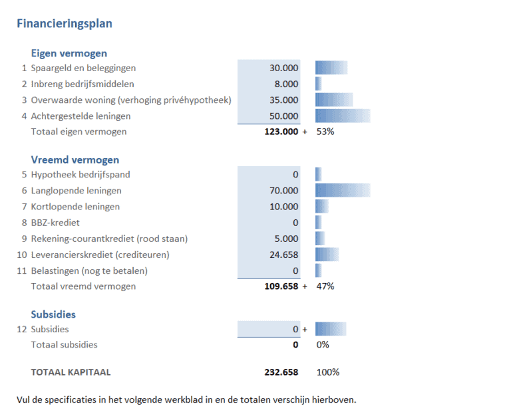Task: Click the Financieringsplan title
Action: pos(64,24)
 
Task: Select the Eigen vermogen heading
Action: pos(69,53)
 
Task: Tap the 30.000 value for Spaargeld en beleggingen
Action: pos(284,68)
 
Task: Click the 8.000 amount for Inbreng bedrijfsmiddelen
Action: pos(287,84)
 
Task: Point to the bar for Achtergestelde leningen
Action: pos(343,116)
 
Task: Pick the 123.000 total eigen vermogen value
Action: pos(281,132)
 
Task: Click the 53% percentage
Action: pos(325,132)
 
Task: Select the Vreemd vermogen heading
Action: pos(75,159)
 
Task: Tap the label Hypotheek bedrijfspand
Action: pos(81,175)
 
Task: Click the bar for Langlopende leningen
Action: pos(343,191)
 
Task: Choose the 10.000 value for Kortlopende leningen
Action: pos(284,207)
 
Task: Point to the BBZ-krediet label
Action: pos(55,223)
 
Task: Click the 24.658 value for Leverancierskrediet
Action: pos(284,255)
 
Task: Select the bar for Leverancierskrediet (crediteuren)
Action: pos(327,255)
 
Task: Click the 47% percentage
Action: pos(325,286)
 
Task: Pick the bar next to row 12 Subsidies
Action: pos(331,329)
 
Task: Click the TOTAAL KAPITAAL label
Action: pos(71,372)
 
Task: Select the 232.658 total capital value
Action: pos(281,372)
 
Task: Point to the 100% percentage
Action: pos(328,372)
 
